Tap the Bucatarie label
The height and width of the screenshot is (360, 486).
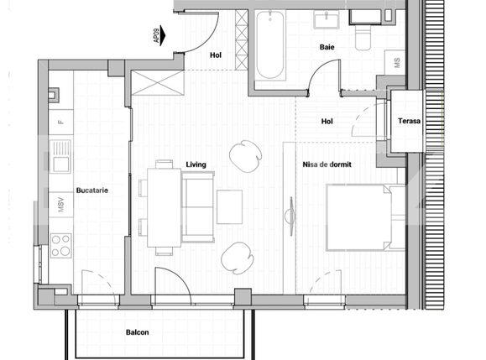(x=89, y=190)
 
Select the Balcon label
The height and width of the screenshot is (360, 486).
(x=138, y=332)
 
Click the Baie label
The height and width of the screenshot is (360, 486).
(x=327, y=48)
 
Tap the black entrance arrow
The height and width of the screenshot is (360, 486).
(x=165, y=36)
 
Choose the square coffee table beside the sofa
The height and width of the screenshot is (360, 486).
(x=229, y=206)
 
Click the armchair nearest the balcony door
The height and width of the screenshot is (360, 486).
(x=238, y=257)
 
